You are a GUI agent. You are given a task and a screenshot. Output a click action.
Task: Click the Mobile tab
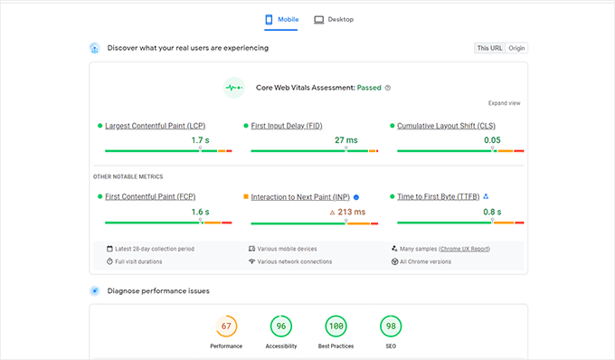(281, 19)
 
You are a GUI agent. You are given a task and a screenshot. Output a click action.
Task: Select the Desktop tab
(334, 19)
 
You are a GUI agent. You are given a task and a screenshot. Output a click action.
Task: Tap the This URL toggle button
(489, 48)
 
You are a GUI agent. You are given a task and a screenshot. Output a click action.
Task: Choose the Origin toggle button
(516, 48)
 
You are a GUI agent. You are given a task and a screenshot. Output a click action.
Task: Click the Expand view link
(504, 103)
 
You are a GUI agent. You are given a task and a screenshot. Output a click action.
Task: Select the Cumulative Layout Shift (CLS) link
(447, 126)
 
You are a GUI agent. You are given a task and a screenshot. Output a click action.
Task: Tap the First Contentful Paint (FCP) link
(150, 196)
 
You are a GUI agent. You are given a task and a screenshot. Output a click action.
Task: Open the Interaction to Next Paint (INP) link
(299, 196)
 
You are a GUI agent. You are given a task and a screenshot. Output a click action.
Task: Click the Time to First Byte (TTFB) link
(439, 196)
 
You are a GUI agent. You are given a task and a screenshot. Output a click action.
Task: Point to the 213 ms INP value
(352, 213)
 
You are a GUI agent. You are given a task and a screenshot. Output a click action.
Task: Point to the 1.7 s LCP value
(200, 141)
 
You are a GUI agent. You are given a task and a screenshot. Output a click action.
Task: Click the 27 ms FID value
(345, 141)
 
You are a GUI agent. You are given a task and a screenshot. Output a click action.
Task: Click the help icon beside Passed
(388, 88)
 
